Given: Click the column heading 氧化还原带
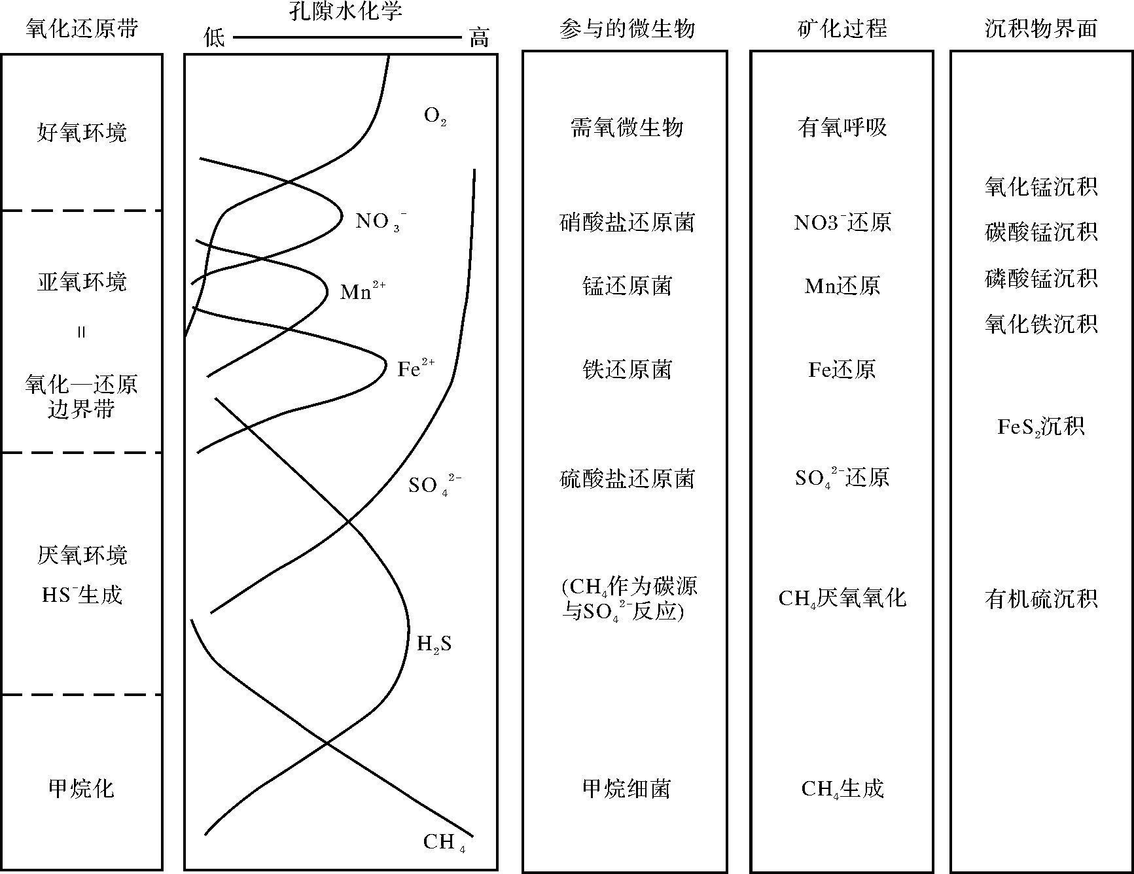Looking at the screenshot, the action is tap(82, 28).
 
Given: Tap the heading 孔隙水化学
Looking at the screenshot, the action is tap(346, 11).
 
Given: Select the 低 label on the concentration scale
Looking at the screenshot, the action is tap(214, 38).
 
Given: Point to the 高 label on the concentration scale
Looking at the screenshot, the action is tap(479, 38).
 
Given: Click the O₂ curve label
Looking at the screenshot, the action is tap(435, 116).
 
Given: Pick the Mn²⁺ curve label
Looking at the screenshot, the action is tap(362, 291).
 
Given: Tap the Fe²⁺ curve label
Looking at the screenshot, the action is tap(416, 368).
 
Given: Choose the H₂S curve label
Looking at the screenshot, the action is tap(434, 644).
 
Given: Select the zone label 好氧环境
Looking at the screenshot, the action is tap(82, 133).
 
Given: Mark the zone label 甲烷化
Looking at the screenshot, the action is tap(82, 788).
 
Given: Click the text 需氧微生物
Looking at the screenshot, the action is tap(627, 128).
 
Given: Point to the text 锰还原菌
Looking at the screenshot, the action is tap(627, 286).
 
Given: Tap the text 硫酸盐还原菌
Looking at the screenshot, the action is tap(627, 479).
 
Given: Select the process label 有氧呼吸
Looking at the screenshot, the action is tap(842, 128).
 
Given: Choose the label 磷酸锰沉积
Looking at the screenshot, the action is tap(1040, 278).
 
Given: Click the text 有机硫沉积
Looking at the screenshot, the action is tap(1040, 599).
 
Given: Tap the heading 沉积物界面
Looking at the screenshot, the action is tap(1040, 28).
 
